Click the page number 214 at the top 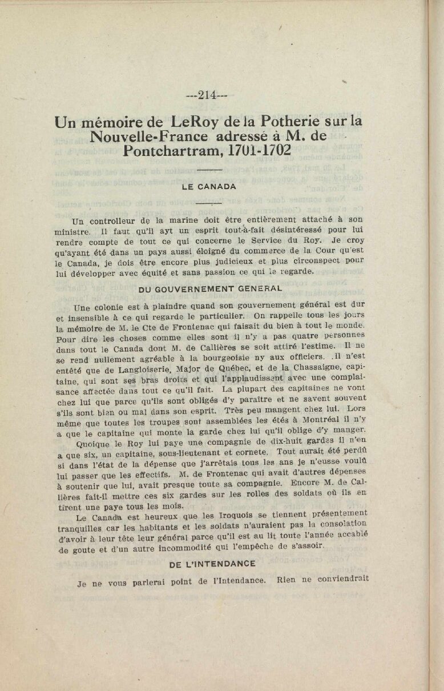point(207,95)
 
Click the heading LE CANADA point(209,187)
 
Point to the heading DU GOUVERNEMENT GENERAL point(210,289)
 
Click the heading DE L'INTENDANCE point(212,564)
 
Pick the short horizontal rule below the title point(209,170)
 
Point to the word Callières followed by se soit point(223,349)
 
